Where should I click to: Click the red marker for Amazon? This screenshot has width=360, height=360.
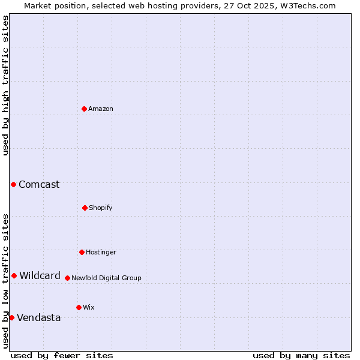point(84,109)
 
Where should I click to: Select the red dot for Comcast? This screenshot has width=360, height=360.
point(13,184)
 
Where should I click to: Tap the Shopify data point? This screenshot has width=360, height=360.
point(85,208)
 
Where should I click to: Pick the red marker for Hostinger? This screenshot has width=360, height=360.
point(82,252)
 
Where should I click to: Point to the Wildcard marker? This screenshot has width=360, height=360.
point(14,275)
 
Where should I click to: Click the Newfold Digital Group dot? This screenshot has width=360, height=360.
point(67,278)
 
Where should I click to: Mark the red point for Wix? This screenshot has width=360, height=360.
point(79,307)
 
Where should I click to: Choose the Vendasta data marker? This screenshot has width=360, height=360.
point(11,317)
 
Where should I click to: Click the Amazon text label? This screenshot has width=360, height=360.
point(101,109)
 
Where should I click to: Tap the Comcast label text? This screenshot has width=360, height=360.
point(39,185)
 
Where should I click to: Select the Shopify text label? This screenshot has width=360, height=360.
point(101,208)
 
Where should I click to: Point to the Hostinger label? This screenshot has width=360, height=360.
point(101,253)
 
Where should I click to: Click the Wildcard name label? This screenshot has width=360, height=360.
point(40,276)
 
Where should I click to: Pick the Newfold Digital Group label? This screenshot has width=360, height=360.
point(106,278)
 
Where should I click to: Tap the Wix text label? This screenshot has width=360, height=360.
point(89,308)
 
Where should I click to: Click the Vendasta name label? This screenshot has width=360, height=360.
point(39,318)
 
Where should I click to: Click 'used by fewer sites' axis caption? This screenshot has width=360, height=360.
point(62,355)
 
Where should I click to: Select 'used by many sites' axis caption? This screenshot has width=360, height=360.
point(301,355)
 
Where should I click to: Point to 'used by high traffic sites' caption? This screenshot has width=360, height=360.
point(5,85)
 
